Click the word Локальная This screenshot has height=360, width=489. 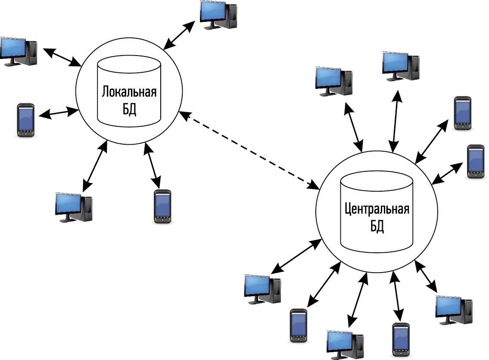coord(129,92)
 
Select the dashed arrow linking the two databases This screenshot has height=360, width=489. coord(249,150)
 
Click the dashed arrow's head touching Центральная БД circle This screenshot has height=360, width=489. coord(314,186)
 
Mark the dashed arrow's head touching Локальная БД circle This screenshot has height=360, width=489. coord(184,115)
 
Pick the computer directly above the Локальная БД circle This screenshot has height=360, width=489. coord(218,15)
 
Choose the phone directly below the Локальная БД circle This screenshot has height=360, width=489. coord(162,206)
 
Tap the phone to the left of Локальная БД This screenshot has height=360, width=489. coord(25,120)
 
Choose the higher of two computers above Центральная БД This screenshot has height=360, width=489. coord(401,66)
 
